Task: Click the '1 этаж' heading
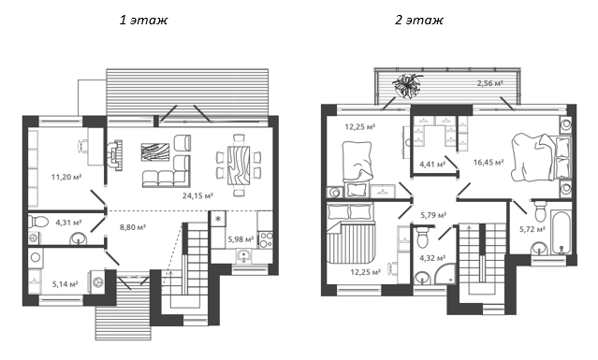pyautogui.click(x=143, y=21)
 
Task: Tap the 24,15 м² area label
pyautogui.click(x=197, y=195)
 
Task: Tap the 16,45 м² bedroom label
pyautogui.click(x=489, y=161)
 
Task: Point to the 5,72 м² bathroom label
pyautogui.click(x=533, y=228)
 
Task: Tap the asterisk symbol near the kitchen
pyautogui.click(x=218, y=219)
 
